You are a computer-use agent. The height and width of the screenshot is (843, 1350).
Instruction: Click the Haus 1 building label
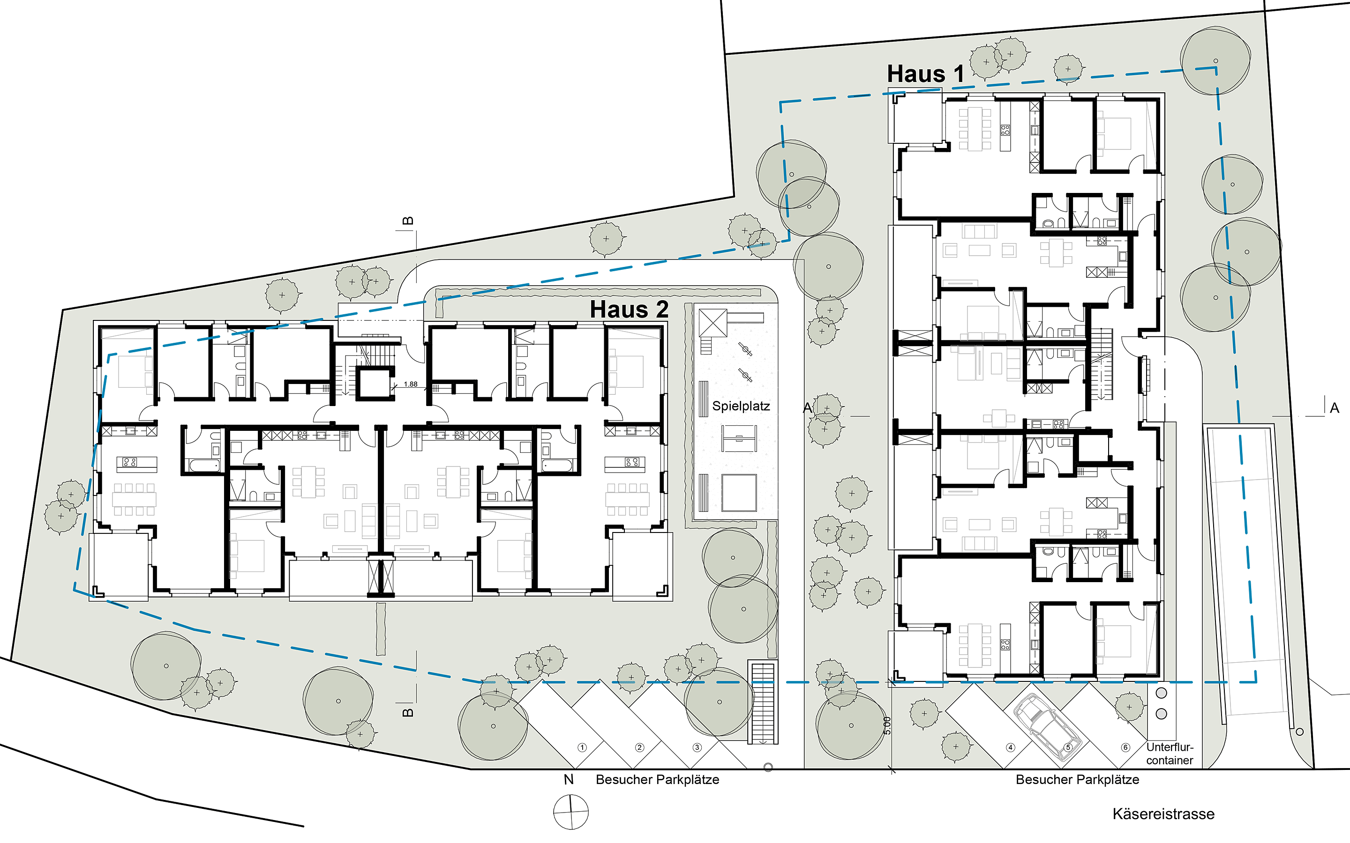[x=925, y=74]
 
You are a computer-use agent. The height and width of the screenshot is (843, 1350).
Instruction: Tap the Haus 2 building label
[x=629, y=310]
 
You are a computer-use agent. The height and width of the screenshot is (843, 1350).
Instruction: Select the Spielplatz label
[x=741, y=406]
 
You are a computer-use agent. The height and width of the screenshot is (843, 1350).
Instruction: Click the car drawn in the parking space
[x=1047, y=728]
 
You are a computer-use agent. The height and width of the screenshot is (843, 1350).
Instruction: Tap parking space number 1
[x=582, y=747]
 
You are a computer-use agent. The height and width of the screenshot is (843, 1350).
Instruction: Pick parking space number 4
[x=1010, y=747]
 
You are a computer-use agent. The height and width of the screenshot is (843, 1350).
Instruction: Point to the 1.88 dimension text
[x=411, y=384]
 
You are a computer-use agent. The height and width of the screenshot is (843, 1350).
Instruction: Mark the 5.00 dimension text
[x=887, y=725]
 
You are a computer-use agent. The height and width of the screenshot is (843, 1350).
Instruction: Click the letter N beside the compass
[x=569, y=779]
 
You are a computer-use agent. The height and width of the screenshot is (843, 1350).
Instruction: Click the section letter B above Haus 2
[x=408, y=221]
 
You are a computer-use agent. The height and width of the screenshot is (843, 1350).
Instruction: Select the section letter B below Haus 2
[x=408, y=712]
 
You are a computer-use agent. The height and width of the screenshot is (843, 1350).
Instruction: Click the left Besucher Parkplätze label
[x=657, y=779]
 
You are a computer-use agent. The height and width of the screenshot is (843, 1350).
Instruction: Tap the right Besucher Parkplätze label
[x=1077, y=779]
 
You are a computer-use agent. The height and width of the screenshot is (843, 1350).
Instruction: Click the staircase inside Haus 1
[x=1101, y=364]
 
